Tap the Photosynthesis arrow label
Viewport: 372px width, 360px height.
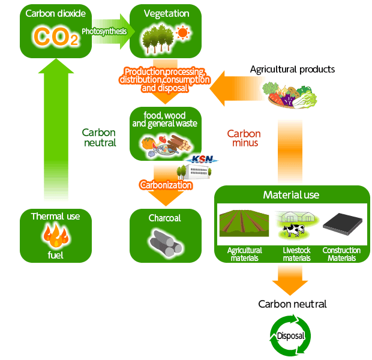point(104,30)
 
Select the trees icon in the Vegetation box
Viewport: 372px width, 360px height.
point(157,38)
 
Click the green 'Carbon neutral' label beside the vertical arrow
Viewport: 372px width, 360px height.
point(99,137)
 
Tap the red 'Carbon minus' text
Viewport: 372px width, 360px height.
point(244,138)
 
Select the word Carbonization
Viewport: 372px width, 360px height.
point(166,185)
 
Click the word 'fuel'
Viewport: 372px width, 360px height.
point(55,255)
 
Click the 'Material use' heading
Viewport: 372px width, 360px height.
point(291,195)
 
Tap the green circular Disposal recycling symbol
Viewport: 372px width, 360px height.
point(291,335)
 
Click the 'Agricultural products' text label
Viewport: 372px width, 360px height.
point(292,70)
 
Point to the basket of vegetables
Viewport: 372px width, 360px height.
point(289,95)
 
